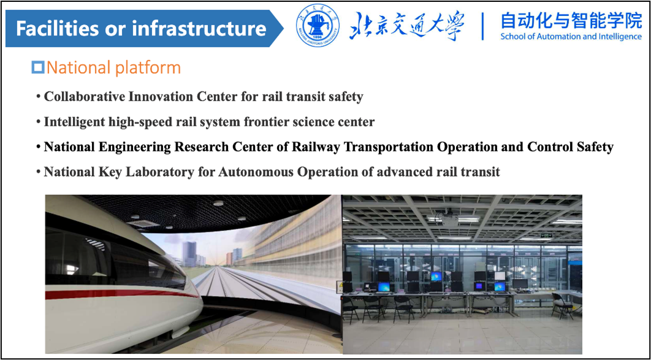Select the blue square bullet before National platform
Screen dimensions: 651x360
click(38, 67)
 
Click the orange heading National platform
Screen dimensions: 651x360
click(113, 67)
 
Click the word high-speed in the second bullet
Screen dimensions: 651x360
click(131, 123)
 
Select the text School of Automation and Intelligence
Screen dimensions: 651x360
click(571, 36)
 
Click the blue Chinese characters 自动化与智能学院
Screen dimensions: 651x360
click(571, 20)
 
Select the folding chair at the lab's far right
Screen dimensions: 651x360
click(562, 306)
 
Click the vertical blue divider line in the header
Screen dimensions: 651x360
click(483, 26)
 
